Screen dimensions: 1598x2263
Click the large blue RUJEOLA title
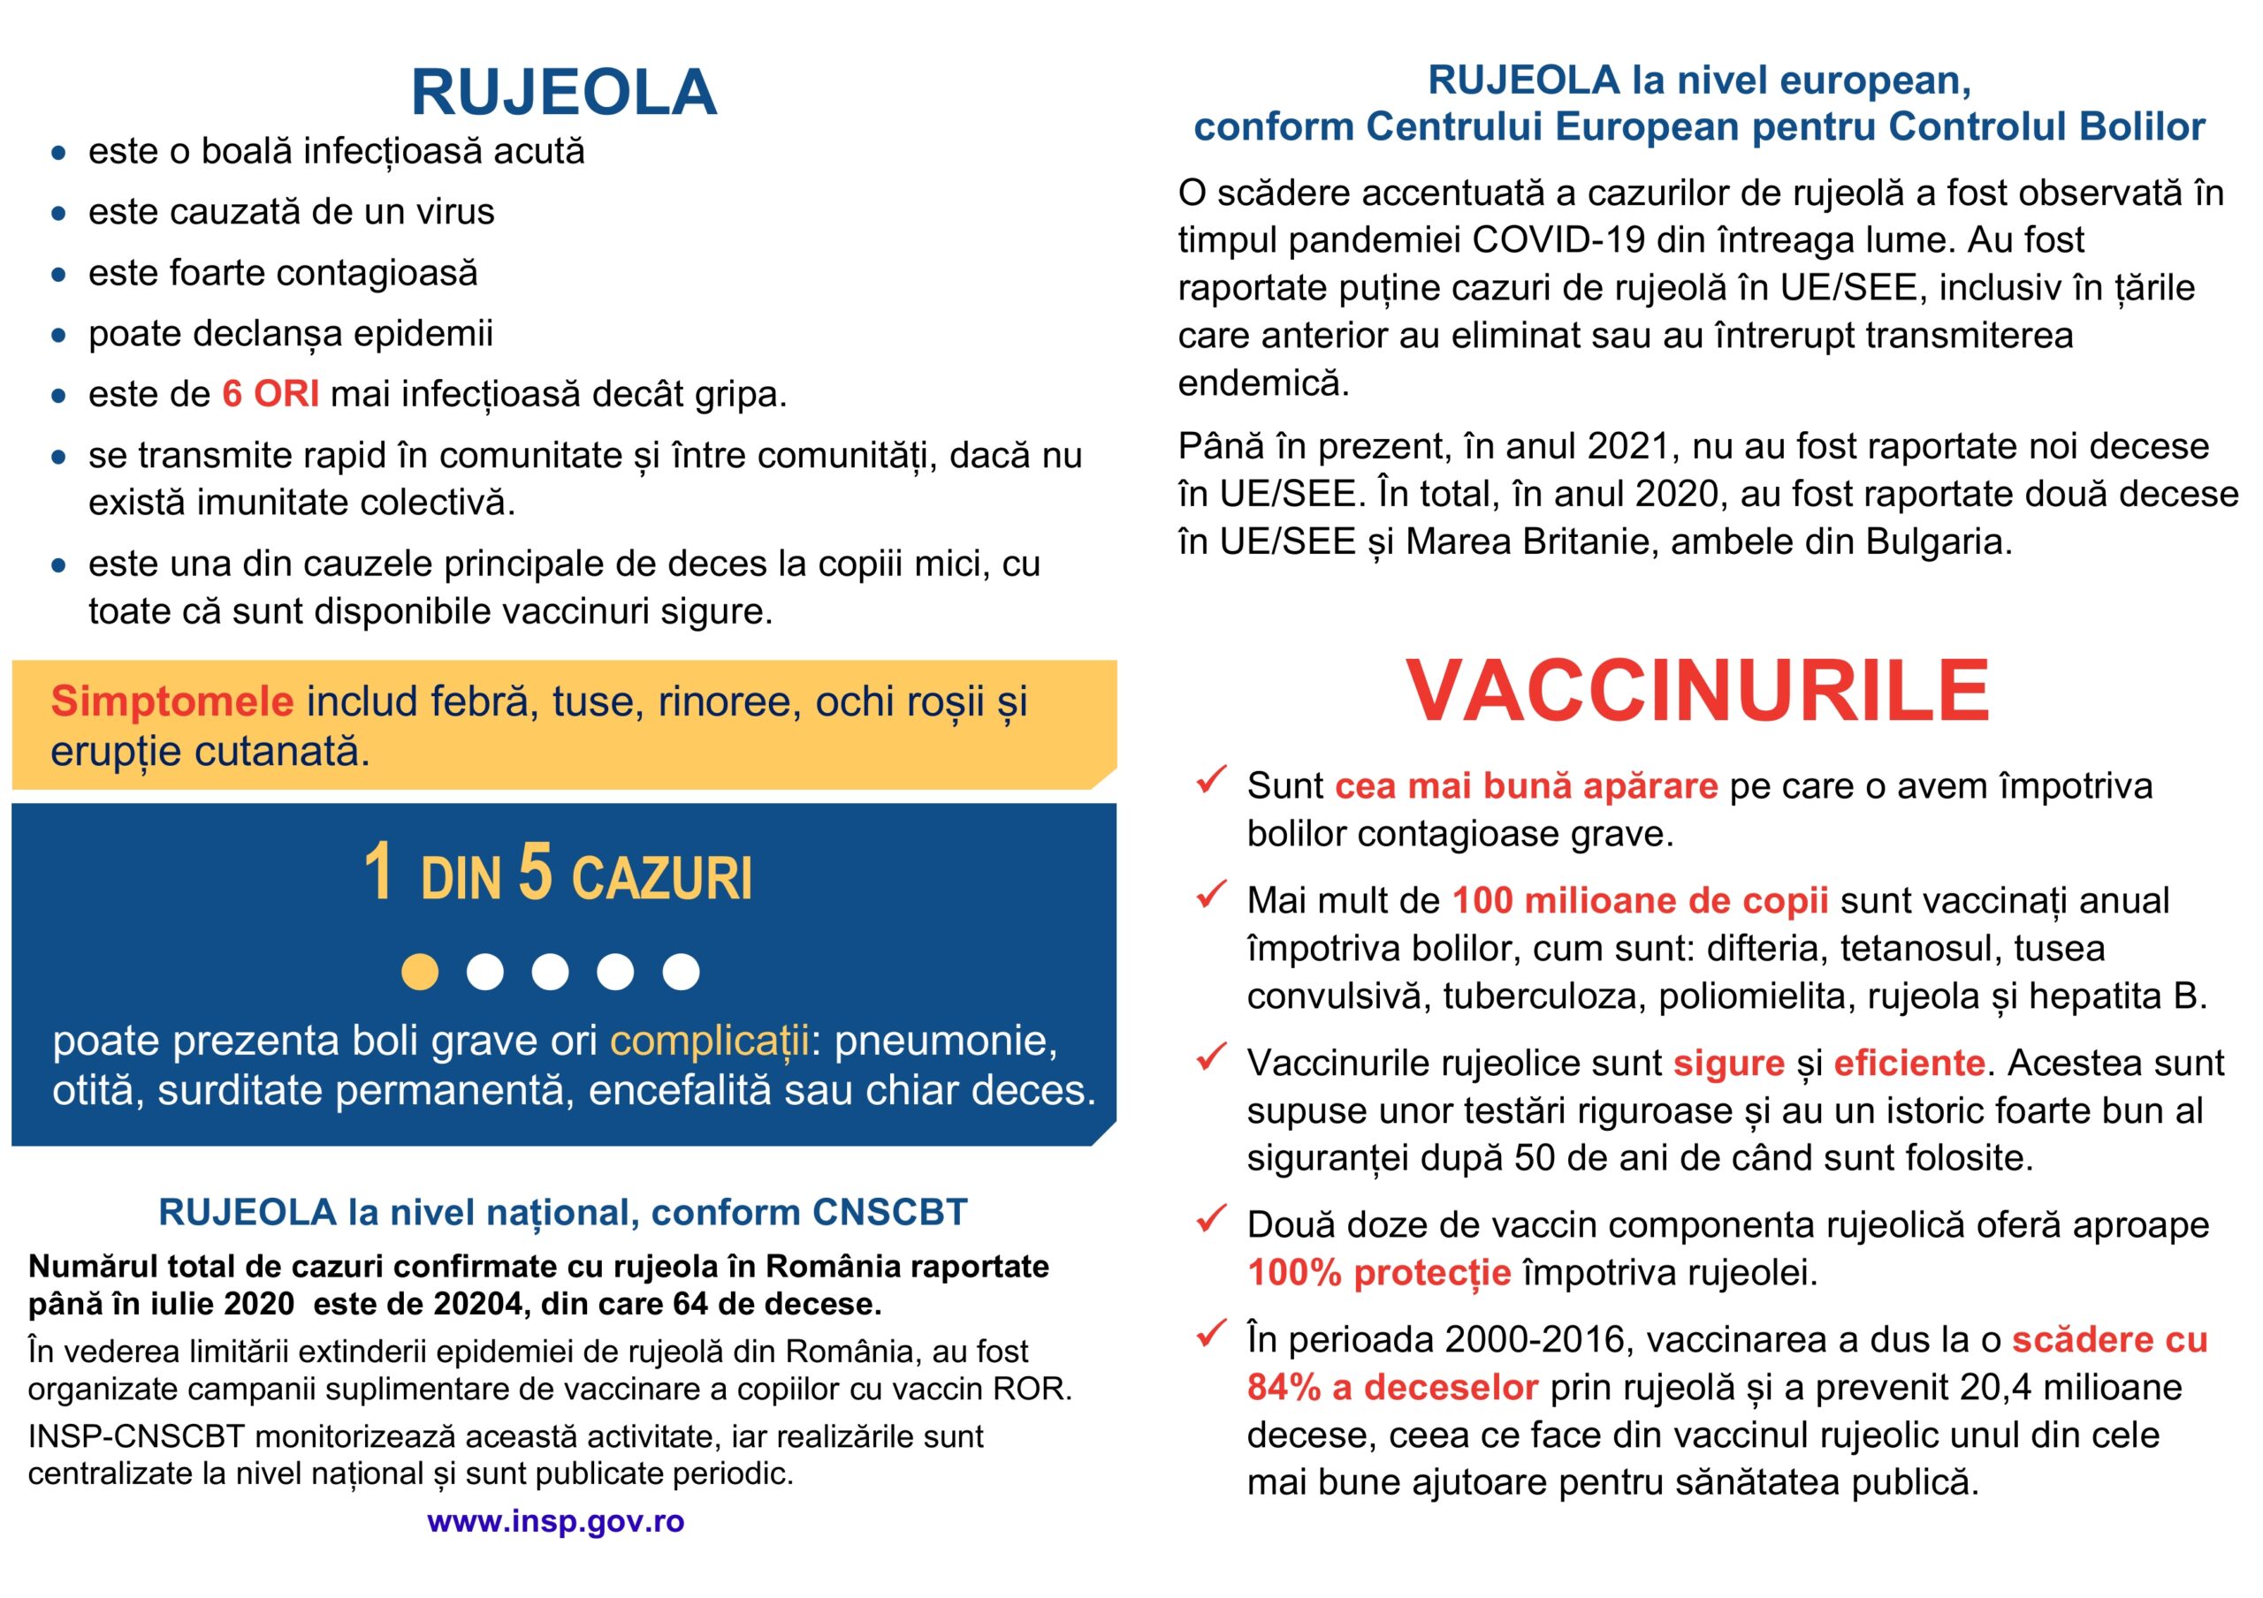(563, 93)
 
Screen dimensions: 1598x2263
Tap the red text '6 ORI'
(270, 394)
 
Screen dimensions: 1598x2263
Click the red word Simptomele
(171, 701)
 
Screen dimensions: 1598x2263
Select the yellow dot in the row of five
(420, 972)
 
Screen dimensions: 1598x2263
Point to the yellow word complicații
(709, 1041)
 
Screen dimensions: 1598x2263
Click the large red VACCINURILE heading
(1697, 691)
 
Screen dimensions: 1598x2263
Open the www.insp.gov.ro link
(555, 1521)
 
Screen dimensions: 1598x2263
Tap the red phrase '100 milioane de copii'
(1640, 900)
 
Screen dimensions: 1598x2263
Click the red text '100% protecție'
(1379, 1273)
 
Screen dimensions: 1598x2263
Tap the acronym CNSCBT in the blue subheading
(889, 1213)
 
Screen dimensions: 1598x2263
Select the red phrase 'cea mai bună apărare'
(1526, 786)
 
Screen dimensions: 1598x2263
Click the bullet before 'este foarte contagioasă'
(59, 275)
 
